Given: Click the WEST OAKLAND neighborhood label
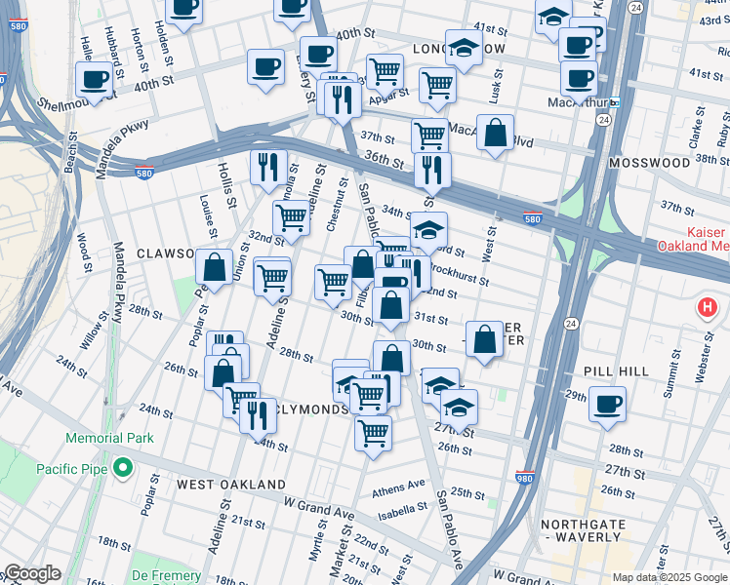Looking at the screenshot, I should click(231, 485).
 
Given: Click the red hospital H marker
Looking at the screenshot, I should click(708, 309).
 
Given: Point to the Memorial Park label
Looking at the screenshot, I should click(109, 439).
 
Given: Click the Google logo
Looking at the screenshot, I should click(31, 573).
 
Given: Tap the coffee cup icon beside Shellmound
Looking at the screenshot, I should click(95, 78).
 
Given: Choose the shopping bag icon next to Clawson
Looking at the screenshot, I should click(213, 265).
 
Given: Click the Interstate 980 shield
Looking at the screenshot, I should click(525, 477).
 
